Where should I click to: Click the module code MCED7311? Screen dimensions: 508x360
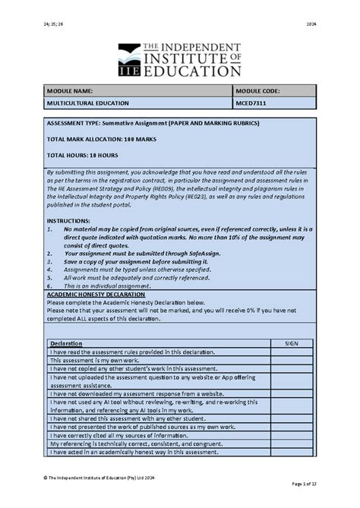[254, 103]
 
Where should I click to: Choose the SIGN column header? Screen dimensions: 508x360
[292, 344]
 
